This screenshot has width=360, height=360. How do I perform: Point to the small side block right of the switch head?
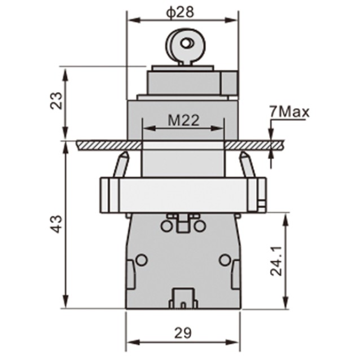coord(230,83)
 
